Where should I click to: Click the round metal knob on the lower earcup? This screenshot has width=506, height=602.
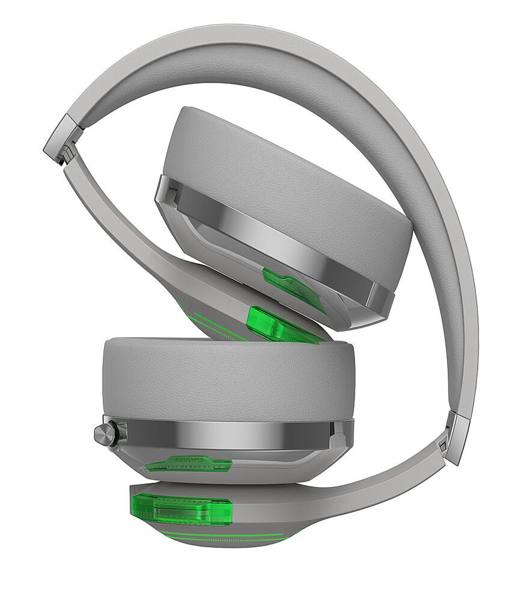click(x=104, y=433)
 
